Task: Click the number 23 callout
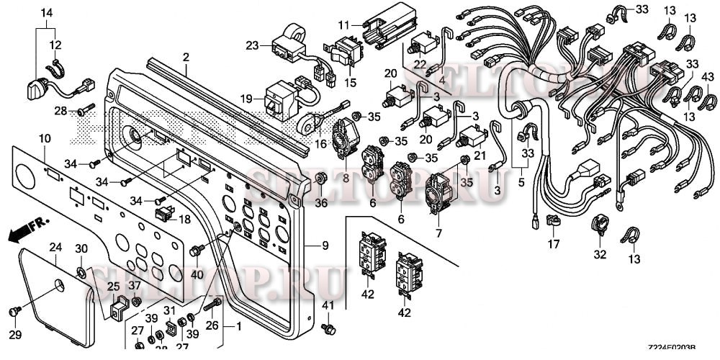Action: click(x=251, y=45)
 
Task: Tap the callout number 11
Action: click(x=343, y=25)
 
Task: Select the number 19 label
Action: click(x=247, y=98)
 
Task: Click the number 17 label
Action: click(x=553, y=245)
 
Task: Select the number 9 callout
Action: click(x=325, y=246)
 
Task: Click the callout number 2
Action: click(x=186, y=56)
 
